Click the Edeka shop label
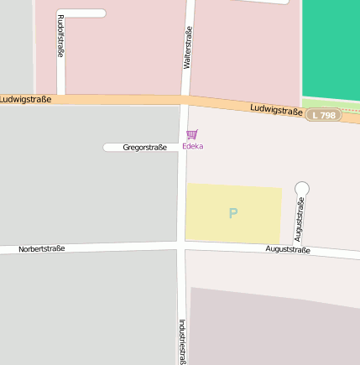pos(192,147)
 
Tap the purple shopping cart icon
pos(192,134)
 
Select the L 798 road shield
pos(324,114)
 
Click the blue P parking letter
pos(233,213)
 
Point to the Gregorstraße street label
pos(144,148)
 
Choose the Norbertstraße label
pos(41,249)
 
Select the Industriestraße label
pos(181,340)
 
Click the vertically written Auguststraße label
pos(300,220)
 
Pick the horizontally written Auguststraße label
pos(288,250)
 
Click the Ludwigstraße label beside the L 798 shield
pos(276,110)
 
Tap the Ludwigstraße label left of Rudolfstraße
pos(25,99)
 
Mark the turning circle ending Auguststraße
pos(302,189)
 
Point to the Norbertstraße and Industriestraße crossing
pos(180,245)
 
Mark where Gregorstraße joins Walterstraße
pos(183,148)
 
